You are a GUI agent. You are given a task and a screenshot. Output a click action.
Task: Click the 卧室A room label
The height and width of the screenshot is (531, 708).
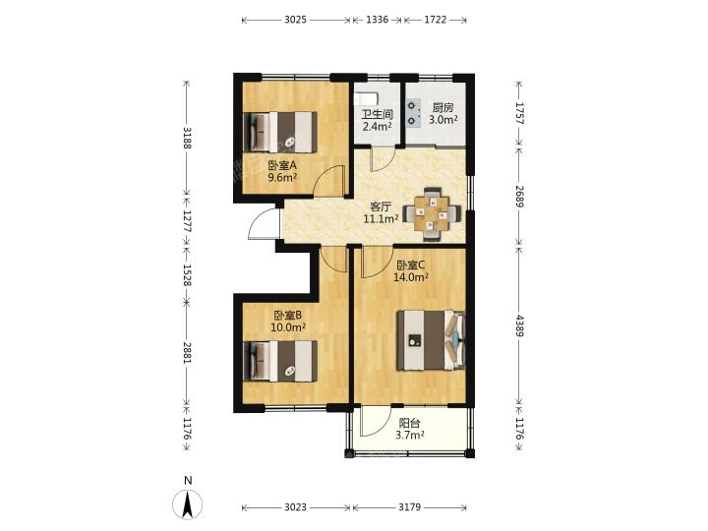282,165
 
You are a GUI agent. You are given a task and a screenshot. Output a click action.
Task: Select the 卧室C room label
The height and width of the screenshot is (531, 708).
411,265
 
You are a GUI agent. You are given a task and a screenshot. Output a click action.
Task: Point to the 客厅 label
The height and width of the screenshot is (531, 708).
381,207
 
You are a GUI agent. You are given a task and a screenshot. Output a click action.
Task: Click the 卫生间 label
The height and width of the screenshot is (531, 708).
377,115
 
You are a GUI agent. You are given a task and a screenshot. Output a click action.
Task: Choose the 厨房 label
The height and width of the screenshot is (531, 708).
442,108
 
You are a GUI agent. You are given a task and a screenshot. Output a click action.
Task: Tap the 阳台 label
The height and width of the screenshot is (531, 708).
410,424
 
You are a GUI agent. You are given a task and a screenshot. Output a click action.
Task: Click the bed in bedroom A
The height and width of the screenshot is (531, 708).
280,132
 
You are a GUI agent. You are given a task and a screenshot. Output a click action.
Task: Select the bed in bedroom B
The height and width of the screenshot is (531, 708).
280,361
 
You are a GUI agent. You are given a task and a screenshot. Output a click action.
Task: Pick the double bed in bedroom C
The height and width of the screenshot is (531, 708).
431,340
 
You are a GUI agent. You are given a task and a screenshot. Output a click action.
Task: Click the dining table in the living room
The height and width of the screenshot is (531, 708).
432,213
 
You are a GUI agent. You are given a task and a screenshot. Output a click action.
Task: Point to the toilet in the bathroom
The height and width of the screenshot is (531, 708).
365,98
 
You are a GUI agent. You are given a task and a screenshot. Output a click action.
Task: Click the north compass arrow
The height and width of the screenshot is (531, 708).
188,503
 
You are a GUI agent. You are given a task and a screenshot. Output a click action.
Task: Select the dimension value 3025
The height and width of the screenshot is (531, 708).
296,20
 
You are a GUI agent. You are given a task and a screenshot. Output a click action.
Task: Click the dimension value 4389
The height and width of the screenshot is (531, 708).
519,325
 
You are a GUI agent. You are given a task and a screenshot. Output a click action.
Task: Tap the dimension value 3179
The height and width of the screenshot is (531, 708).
409,507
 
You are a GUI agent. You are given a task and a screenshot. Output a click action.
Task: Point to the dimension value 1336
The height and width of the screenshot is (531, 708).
377,20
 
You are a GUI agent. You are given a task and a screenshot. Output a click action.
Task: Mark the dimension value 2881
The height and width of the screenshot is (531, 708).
188,353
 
